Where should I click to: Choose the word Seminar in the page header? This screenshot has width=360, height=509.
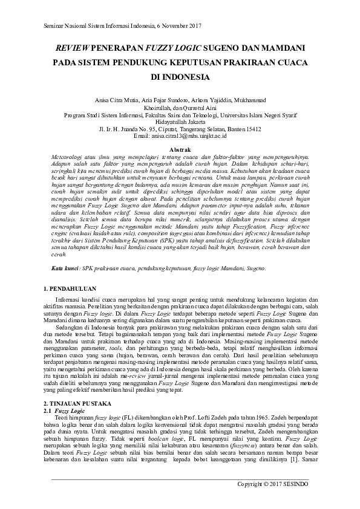click(56, 25)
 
